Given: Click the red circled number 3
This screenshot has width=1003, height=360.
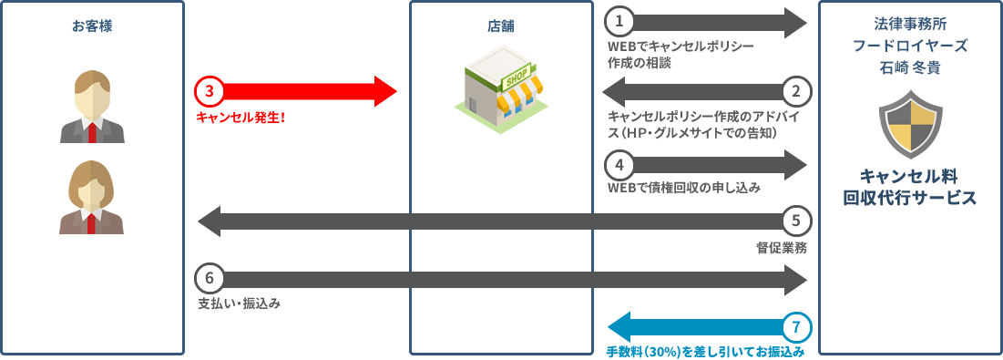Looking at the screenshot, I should point(210,91).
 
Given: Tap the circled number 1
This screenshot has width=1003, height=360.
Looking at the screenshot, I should point(619,21).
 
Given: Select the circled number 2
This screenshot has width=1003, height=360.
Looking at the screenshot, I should point(795,91).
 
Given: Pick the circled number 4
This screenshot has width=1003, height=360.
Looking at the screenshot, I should point(619,165).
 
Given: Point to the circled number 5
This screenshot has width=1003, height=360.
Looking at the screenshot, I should point(795,221).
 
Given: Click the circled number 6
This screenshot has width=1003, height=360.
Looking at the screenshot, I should point(210,277).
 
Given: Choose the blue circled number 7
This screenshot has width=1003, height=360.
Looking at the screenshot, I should point(795,326).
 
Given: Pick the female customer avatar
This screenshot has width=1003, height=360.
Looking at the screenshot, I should point(91,198).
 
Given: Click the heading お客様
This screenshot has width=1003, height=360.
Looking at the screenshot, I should point(92,26).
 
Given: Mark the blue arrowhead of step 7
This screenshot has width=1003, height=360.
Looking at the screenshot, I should point(619,326).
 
